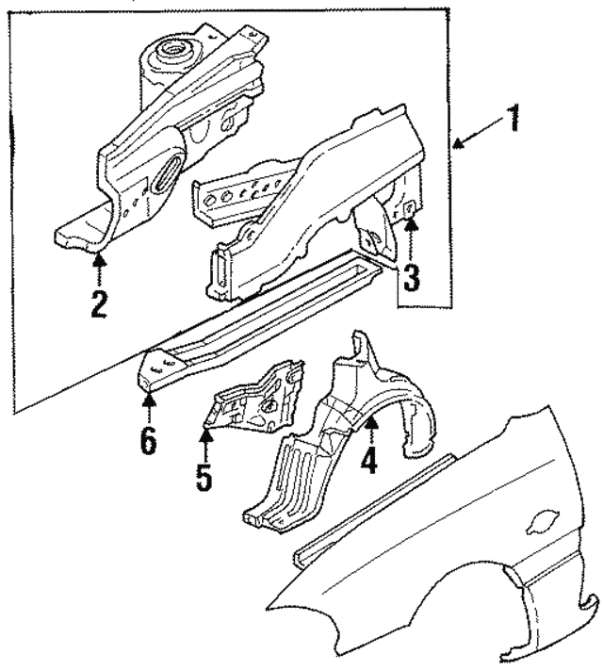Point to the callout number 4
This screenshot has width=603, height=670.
point(370,462)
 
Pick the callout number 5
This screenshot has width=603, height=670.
point(204,475)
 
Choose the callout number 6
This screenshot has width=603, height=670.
point(148,440)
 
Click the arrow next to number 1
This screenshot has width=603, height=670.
point(476,138)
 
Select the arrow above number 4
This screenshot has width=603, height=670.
point(370,432)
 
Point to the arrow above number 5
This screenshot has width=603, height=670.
point(204,441)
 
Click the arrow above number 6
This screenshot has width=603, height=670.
point(148,406)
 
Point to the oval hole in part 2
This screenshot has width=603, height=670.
point(168,174)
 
